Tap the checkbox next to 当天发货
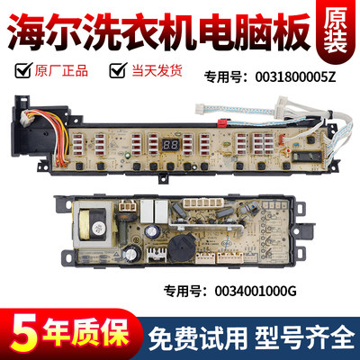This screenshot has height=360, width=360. click(x=115, y=67)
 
